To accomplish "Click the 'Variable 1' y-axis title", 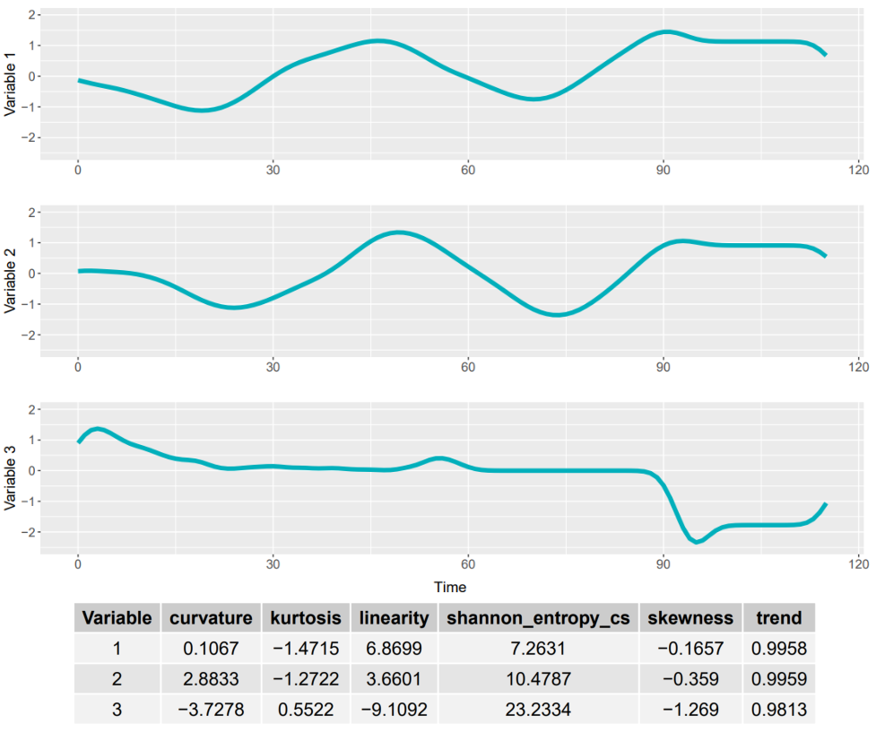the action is (10, 84).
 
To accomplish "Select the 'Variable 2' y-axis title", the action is (10, 281).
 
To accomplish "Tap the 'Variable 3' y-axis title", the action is (10, 478).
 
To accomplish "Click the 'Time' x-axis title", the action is (450, 587).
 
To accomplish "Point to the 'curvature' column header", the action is (211, 618).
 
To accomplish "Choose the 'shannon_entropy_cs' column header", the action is (538, 618).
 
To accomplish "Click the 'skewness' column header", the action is (690, 618).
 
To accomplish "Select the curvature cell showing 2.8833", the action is (211, 679).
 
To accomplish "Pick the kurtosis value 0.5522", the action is (306, 710).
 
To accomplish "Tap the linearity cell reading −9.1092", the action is (394, 710).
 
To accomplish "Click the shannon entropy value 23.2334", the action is (538, 710).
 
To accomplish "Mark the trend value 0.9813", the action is (779, 710).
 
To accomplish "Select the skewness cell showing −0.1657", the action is (690, 649).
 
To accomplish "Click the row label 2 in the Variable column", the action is (117, 679).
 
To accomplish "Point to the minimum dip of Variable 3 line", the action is (696, 542).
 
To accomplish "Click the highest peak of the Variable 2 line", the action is (398, 232).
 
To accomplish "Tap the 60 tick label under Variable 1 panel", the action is (468, 170).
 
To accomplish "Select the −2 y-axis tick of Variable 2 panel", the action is (27, 335).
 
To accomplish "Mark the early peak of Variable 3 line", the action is (98, 429).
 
